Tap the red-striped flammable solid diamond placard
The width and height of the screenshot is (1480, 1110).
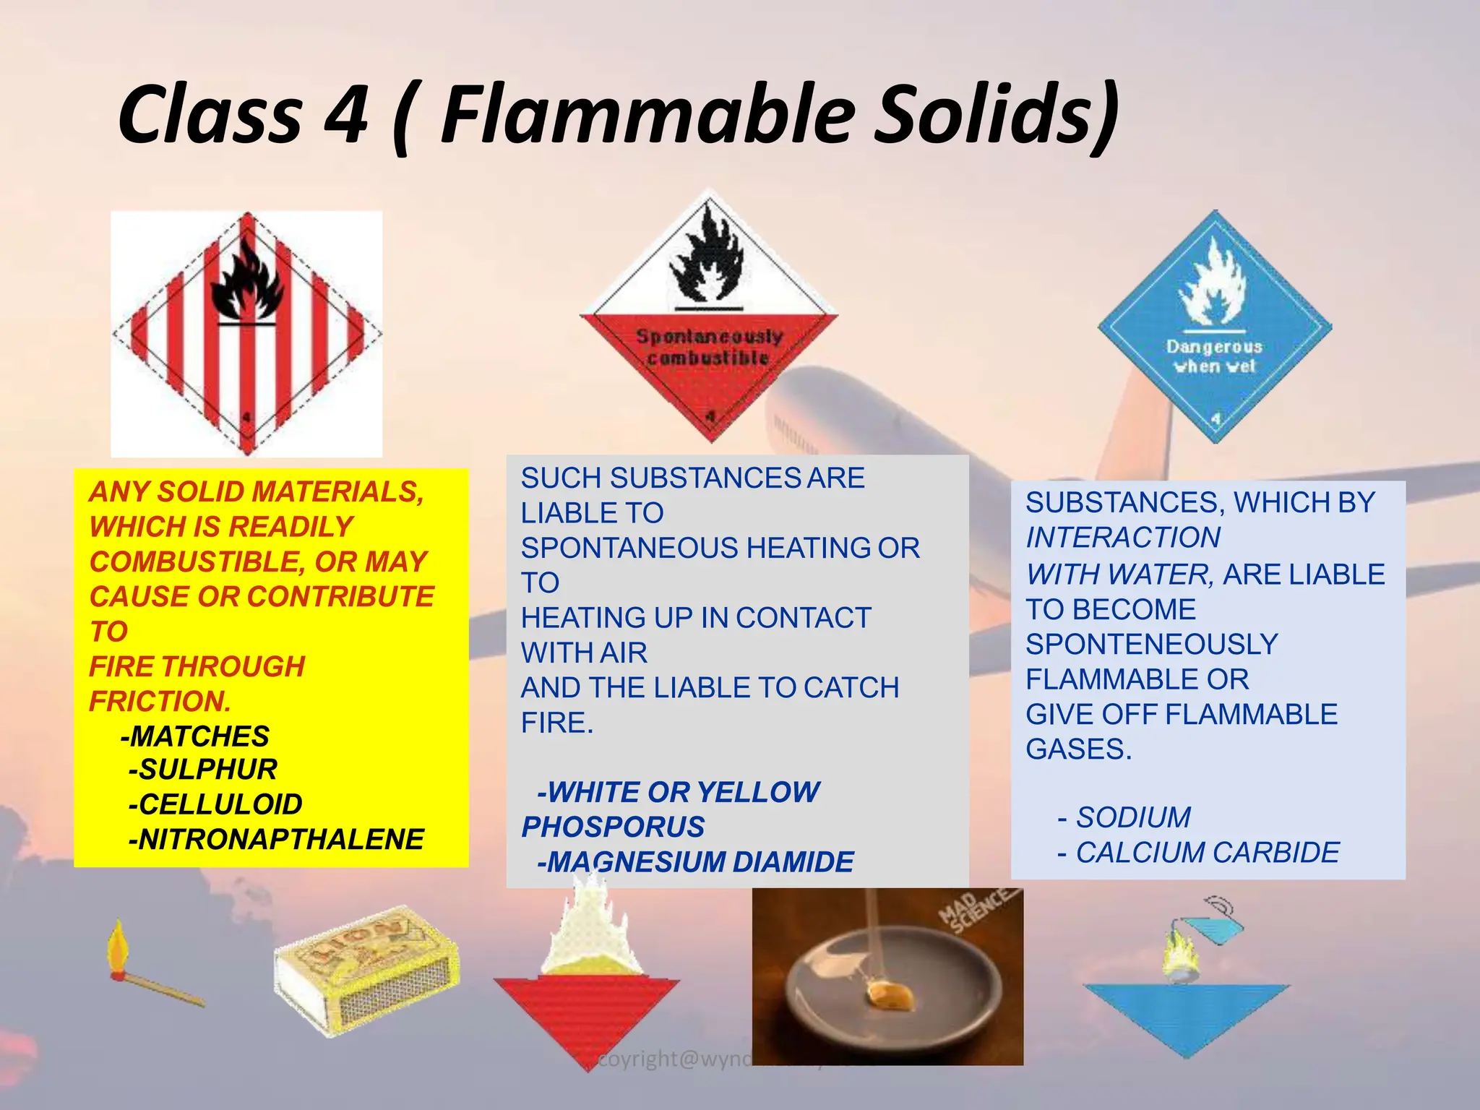tap(246, 334)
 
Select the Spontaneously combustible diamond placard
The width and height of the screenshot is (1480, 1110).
tap(709, 318)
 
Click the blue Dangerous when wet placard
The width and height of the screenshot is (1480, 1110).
tap(1215, 327)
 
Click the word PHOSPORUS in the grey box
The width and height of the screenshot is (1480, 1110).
tap(613, 827)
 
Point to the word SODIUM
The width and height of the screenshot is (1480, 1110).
tap(1133, 817)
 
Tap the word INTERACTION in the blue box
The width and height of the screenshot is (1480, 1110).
tap(1123, 538)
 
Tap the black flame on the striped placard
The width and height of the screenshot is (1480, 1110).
tap(246, 282)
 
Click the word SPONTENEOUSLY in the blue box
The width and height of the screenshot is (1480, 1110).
tap(1152, 644)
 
